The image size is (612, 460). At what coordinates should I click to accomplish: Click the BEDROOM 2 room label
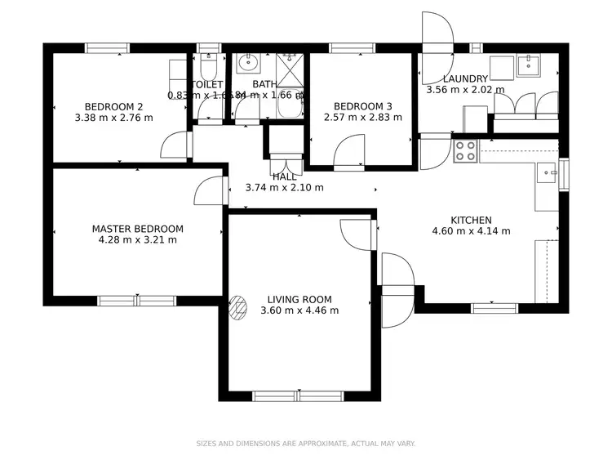click(x=114, y=106)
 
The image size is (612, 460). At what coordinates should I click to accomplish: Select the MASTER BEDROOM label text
click(x=137, y=229)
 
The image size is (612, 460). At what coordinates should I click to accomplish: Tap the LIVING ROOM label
click(x=299, y=300)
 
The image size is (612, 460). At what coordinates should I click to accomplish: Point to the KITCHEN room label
click(x=471, y=220)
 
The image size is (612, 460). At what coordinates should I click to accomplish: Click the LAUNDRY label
click(x=465, y=78)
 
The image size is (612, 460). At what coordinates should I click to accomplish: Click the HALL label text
click(x=284, y=176)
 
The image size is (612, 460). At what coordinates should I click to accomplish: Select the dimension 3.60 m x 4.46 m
click(x=299, y=310)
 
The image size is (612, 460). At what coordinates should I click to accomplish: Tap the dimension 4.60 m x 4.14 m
click(x=471, y=230)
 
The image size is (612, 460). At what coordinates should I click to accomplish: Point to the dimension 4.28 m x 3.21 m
click(x=137, y=240)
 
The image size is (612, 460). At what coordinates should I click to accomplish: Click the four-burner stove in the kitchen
click(x=465, y=150)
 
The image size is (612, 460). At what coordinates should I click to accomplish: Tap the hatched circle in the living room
click(x=237, y=306)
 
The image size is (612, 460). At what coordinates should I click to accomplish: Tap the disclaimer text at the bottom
click(x=305, y=444)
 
